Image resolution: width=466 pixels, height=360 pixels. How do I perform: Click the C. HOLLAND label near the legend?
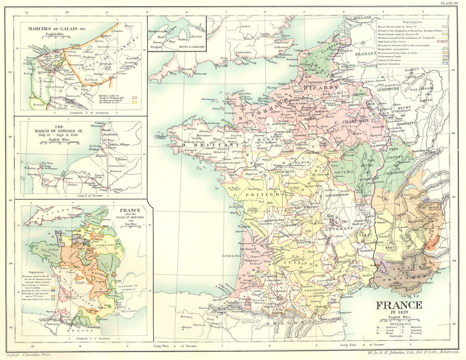click(362, 17)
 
